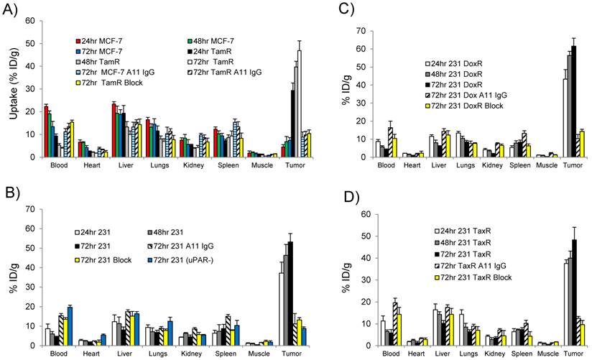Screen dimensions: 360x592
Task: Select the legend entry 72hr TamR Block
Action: (x=115, y=84)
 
